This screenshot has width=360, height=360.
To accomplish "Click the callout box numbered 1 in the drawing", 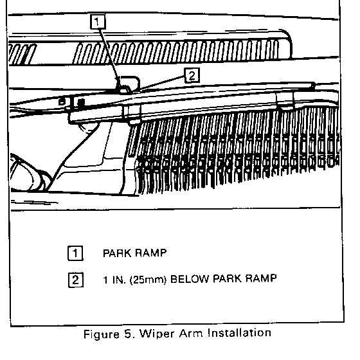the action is tap(98, 22).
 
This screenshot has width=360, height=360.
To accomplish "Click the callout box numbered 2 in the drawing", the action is tap(192, 75).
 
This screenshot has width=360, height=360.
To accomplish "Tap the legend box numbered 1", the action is tap(75, 253).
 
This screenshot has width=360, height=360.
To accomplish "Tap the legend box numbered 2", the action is tap(76, 280).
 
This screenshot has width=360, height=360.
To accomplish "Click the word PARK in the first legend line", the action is tap(117, 253).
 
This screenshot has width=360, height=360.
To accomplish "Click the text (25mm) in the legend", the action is tap(148, 280).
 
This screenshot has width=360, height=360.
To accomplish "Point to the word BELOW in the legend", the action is tap(190, 279).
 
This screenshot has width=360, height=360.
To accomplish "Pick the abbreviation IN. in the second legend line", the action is tap(119, 280).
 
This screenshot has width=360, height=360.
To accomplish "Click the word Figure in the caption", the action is tap(102, 334).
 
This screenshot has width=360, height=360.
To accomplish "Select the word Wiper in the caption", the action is tap(157, 334).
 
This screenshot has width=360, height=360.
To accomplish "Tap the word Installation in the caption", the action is tap(239, 333).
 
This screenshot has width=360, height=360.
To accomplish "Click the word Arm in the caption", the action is tap(191, 333).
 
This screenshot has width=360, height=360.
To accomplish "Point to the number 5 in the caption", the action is tap(129, 334).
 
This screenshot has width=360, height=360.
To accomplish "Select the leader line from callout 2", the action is tap(162, 83).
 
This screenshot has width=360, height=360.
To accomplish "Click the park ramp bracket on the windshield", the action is tap(128, 84).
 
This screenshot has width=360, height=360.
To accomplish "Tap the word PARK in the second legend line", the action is tap(227, 279).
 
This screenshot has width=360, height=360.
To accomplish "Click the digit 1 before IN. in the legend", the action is tap(105, 280).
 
